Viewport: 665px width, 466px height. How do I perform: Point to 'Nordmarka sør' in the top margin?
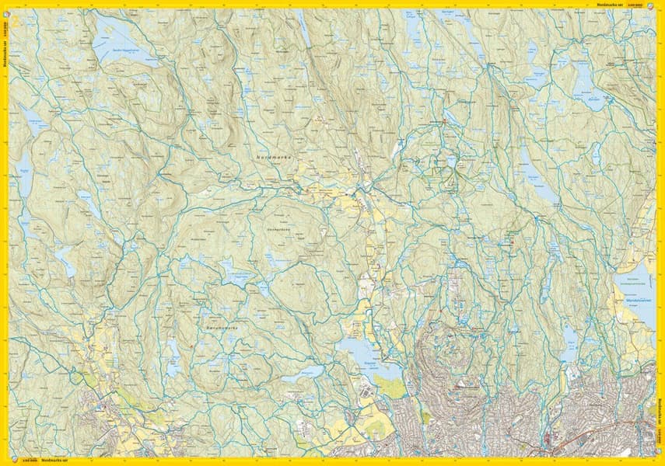pos(611,5)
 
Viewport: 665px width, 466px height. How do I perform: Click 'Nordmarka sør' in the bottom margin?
pos(54,461)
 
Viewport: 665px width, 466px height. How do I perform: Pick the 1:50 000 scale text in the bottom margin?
pos(30,461)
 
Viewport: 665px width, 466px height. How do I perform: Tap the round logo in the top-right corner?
pos(651,5)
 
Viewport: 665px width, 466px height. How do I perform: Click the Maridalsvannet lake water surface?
pos(634,311)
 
